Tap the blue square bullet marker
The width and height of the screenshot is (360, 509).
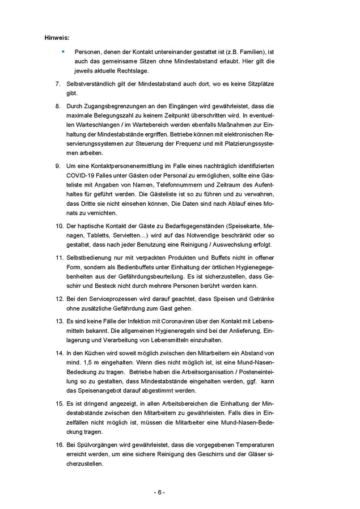point(63,51)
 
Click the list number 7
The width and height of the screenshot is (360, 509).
point(58,83)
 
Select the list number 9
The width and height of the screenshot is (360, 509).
point(58,165)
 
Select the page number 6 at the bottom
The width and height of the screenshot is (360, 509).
point(159,492)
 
